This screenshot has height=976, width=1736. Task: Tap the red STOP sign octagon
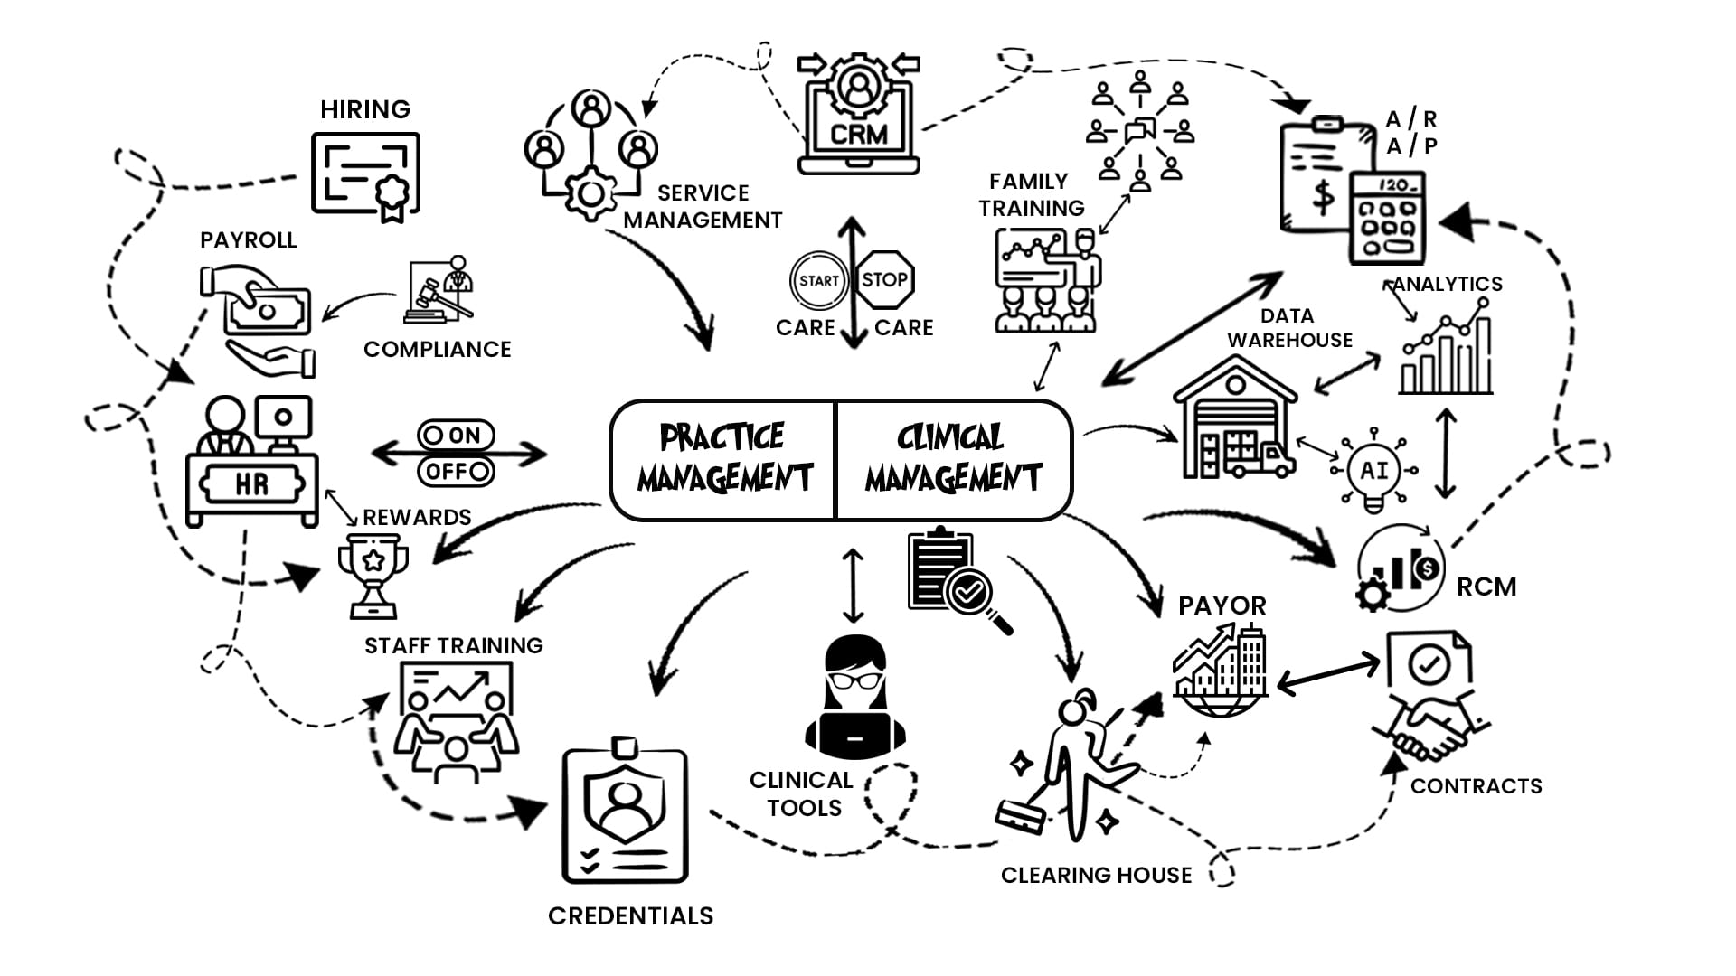pos(884,279)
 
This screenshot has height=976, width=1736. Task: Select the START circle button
pos(819,280)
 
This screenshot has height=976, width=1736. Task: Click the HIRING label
pos(365,109)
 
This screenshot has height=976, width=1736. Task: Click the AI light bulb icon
pos(1374,471)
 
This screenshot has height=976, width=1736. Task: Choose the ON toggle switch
pos(456,436)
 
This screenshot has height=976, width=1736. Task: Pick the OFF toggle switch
pos(456,471)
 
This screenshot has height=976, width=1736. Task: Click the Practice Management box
pos(722,460)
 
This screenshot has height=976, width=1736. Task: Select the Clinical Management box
pos(954,460)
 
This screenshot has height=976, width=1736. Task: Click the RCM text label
pos(1486,587)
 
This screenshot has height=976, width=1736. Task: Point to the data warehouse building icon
pos(1235,418)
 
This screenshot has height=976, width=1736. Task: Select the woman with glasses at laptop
pos(855,697)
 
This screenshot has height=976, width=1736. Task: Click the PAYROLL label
pos(248,240)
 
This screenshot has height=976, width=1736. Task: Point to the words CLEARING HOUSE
pos(1096,875)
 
